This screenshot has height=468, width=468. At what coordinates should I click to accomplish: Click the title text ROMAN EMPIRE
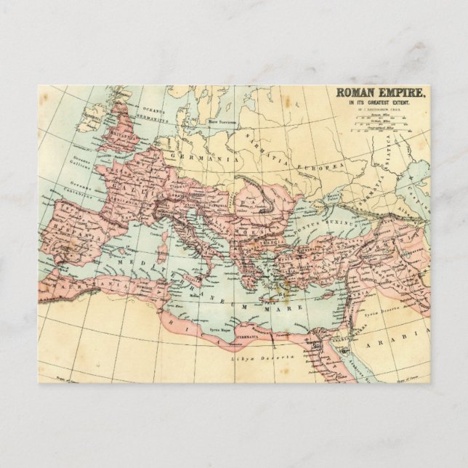pos(381,93)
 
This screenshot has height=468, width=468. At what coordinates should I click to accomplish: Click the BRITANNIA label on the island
pos(114,136)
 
